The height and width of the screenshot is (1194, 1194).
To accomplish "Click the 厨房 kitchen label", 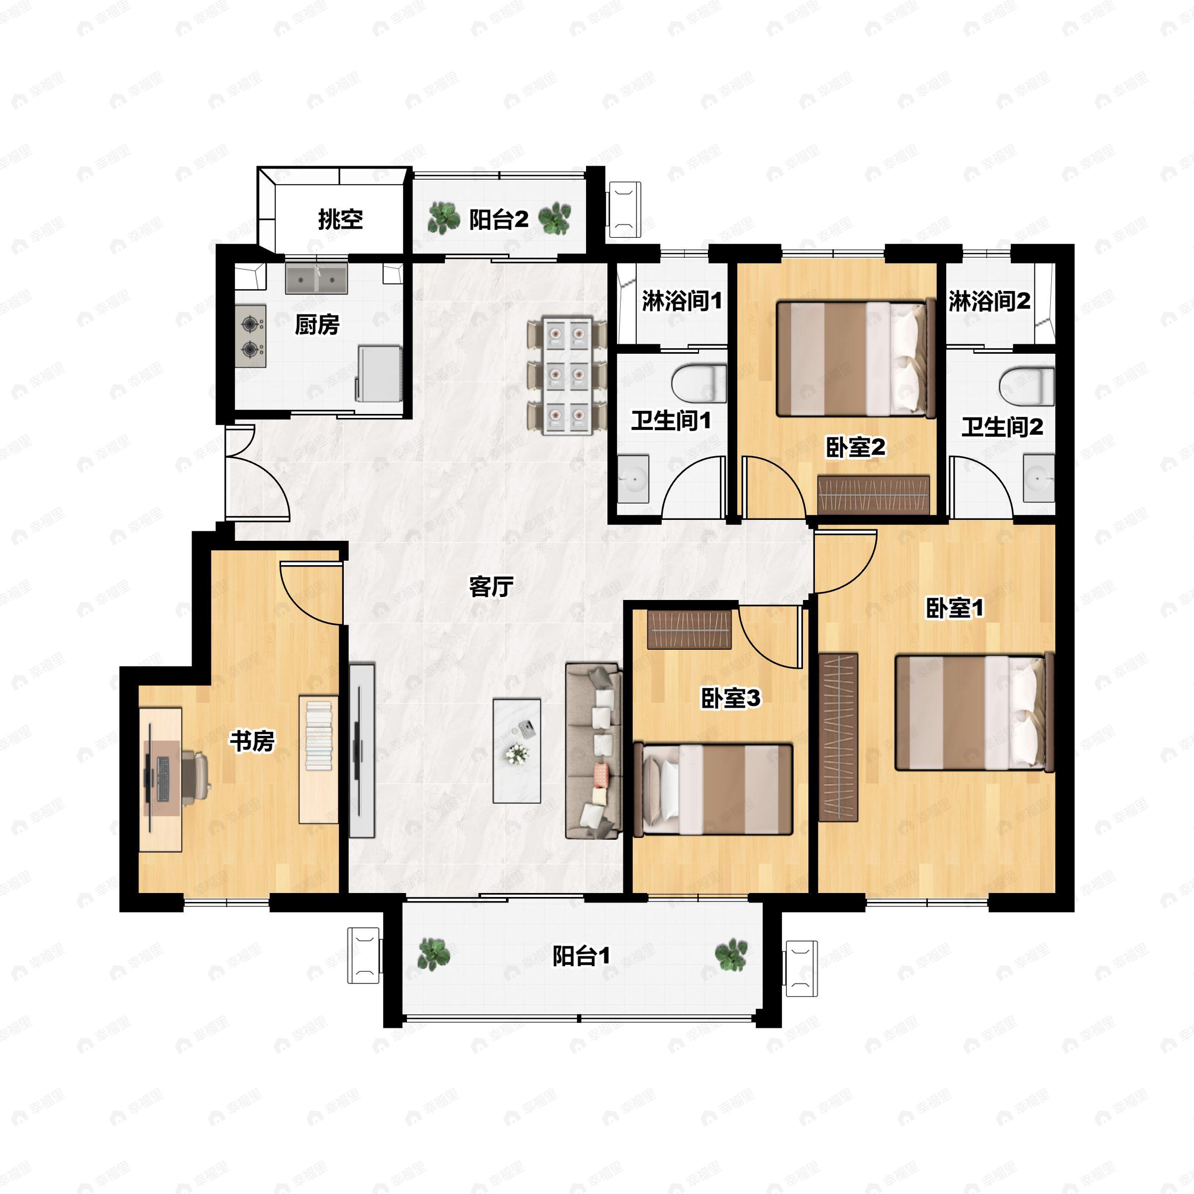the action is [x=317, y=324].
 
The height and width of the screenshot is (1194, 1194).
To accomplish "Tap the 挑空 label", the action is [x=340, y=219].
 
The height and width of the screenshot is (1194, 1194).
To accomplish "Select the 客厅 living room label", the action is [x=492, y=587].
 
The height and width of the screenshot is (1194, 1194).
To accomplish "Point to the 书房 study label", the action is [x=252, y=740].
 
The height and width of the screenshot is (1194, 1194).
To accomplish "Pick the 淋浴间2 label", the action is [x=990, y=301].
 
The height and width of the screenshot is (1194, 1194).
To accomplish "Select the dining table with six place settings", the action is [x=567, y=375].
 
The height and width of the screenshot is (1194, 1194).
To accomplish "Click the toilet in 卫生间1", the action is [x=699, y=383].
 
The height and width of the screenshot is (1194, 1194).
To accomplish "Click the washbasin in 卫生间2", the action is [x=1038, y=478].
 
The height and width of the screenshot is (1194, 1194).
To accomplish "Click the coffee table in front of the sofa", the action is [x=517, y=750].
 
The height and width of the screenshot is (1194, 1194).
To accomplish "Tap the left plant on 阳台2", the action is [x=444, y=217].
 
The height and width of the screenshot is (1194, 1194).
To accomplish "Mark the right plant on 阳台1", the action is [x=731, y=955].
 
